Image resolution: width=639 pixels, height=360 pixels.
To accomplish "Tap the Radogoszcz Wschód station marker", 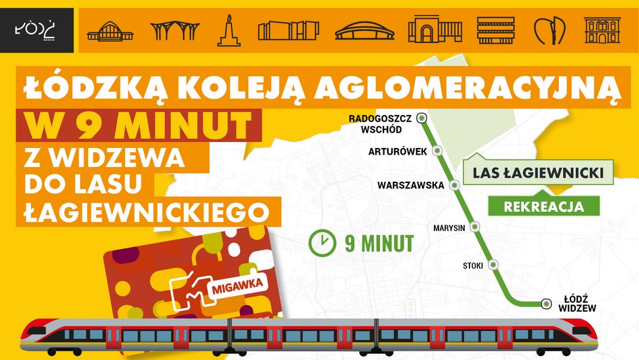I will (x=422, y=118).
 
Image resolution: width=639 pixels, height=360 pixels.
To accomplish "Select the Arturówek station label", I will (x=398, y=151).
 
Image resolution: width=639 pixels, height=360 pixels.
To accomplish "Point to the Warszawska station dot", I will (x=455, y=184).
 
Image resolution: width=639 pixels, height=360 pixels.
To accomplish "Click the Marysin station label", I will (x=450, y=228).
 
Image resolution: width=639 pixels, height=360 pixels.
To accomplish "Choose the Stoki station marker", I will (x=495, y=264).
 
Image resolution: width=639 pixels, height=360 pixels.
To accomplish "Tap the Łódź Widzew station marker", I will (x=546, y=303).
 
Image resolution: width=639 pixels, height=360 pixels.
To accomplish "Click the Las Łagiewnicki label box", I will (x=537, y=173).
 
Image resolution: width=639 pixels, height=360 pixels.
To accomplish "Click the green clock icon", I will (x=324, y=242).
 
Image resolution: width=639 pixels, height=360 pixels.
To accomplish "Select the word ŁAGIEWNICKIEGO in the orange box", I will (x=142, y=211).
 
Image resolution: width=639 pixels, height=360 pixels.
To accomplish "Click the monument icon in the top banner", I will (x=229, y=31).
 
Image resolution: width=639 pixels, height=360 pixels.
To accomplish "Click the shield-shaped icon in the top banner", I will (x=549, y=31).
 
